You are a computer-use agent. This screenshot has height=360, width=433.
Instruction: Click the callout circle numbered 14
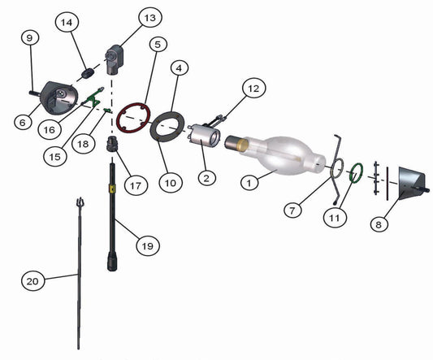(67, 22)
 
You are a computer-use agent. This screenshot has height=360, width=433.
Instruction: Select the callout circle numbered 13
(150, 18)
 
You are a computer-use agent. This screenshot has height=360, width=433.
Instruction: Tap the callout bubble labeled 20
(32, 281)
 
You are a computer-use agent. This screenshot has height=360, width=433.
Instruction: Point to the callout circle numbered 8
(379, 224)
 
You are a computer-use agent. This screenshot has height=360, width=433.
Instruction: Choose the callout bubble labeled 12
(253, 89)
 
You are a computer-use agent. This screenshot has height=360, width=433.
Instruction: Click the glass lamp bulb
(279, 155)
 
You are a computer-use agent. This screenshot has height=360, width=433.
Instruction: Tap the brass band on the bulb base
(243, 145)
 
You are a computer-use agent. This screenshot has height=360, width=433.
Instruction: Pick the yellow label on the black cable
(112, 189)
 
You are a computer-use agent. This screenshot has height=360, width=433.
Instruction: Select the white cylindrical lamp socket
(204, 136)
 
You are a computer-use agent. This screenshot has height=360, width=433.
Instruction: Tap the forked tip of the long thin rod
(80, 202)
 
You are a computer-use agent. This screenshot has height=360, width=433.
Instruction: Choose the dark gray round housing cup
(58, 98)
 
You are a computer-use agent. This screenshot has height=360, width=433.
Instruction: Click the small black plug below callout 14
(88, 73)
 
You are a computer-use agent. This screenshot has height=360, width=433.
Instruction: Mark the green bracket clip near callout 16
(93, 98)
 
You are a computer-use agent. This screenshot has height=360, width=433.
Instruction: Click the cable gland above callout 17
(112, 143)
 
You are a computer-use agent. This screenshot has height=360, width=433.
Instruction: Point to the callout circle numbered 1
(249, 183)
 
